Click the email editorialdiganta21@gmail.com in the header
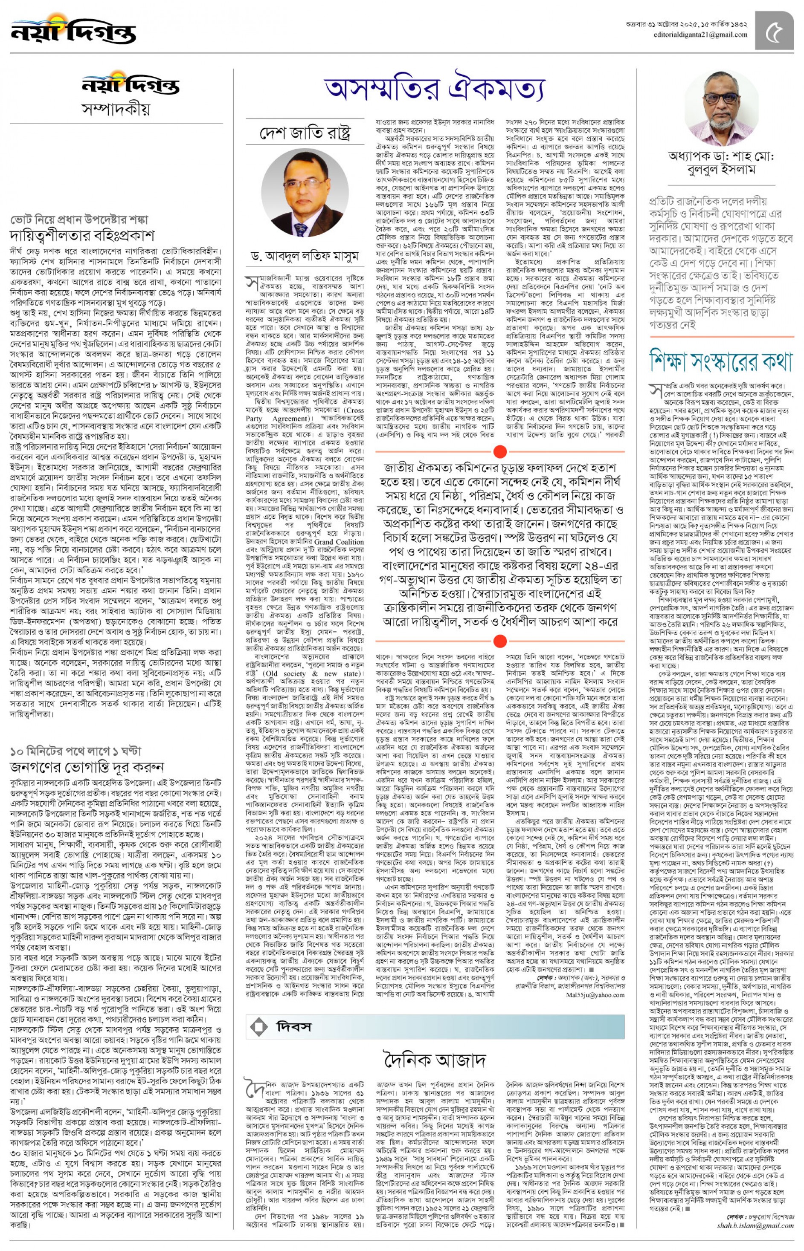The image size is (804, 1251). click(700, 35)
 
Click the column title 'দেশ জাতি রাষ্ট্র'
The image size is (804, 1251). click(305, 133)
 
